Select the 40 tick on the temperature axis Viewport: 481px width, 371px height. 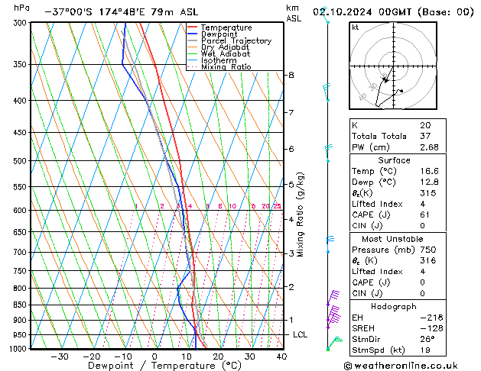281,356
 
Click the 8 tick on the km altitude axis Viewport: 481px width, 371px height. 291,75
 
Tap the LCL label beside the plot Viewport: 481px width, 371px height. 301,335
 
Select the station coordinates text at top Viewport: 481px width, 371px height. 98,11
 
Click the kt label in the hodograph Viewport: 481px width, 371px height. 355,27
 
